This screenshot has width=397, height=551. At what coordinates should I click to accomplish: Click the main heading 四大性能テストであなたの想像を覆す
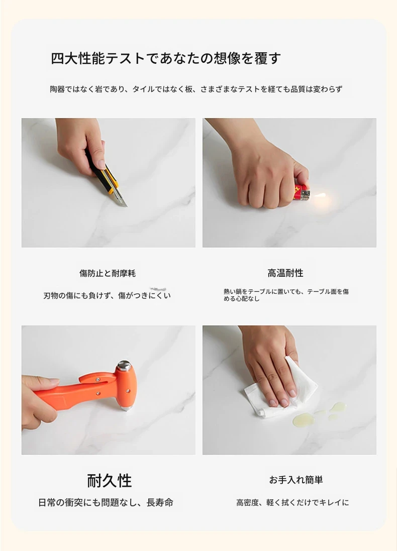coord(166,58)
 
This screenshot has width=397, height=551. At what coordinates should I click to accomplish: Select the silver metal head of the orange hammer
coord(125,366)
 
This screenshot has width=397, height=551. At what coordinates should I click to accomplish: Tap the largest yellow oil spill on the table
coord(302,419)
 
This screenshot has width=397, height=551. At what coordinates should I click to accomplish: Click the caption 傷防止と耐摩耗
coord(107,273)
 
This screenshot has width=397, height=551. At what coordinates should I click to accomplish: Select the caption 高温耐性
coord(285,273)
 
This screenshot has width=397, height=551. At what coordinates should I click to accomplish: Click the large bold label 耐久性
coord(110,480)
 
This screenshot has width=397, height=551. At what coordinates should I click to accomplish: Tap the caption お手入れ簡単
coord(295,480)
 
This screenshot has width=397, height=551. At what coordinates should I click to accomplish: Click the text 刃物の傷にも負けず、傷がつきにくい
coord(107,295)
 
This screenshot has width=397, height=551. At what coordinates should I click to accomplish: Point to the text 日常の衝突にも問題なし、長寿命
coord(106,502)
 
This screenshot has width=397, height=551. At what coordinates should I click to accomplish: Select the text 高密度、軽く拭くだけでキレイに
coord(292,502)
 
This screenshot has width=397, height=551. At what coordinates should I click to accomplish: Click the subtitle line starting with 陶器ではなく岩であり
coord(196,89)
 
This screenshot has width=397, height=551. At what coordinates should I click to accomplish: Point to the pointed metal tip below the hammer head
coord(127,408)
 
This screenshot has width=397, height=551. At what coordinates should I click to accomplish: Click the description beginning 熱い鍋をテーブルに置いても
coord(286,295)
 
